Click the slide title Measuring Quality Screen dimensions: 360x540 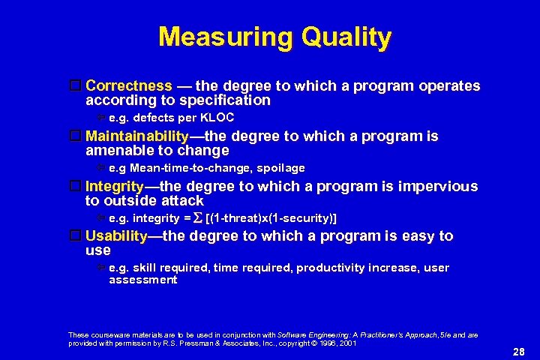coord(274,37)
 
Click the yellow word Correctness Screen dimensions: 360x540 coord(129,86)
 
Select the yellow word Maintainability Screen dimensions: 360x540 coord(137,136)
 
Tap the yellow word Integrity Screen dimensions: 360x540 coord(115,187)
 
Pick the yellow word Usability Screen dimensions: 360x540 coord(116,236)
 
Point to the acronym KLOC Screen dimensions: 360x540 coord(217,118)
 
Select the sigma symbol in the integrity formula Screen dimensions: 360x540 coord(198,218)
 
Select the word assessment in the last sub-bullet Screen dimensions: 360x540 coord(142,280)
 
